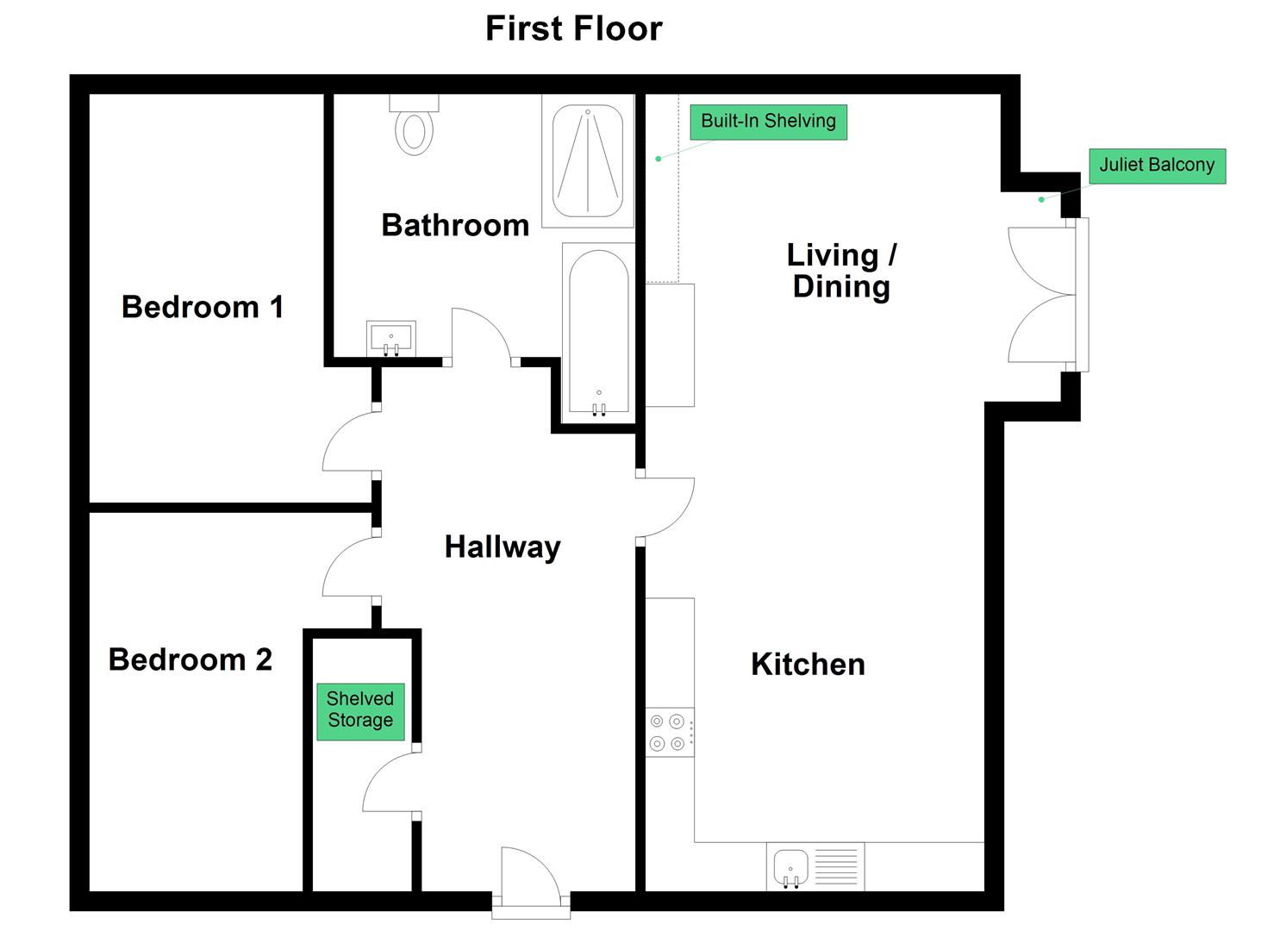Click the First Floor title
(x=574, y=28)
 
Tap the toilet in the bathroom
(x=415, y=125)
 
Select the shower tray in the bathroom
(x=588, y=161)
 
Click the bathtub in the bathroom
(x=599, y=333)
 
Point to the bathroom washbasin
(x=390, y=338)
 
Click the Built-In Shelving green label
(x=769, y=122)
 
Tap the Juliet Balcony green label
(x=1157, y=166)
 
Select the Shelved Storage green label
(x=360, y=711)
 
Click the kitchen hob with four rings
(x=670, y=732)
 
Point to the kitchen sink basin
(x=791, y=868)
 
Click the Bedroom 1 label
(x=203, y=307)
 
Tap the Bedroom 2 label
(x=190, y=659)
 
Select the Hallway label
(x=503, y=547)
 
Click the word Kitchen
(x=808, y=664)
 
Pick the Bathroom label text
(x=455, y=225)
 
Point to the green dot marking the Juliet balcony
(x=1041, y=199)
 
